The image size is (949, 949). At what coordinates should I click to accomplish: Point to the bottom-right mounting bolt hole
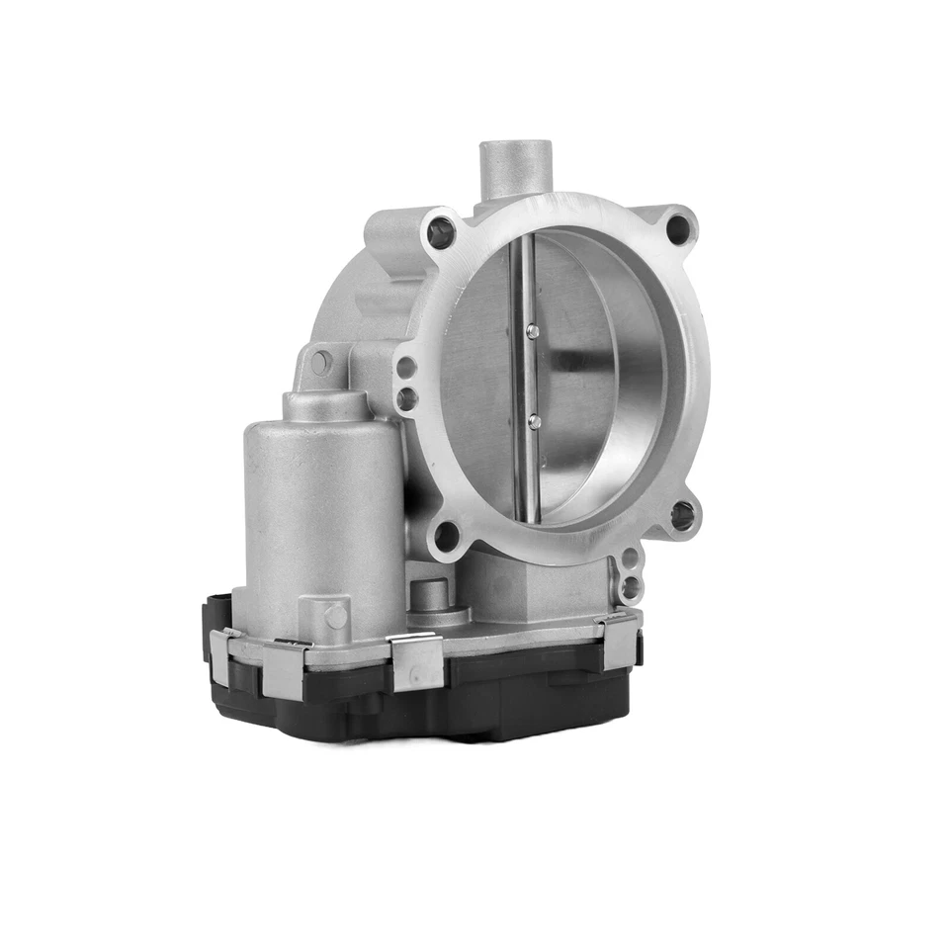click(x=682, y=515)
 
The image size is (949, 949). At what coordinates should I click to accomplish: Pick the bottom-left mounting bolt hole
click(x=447, y=536)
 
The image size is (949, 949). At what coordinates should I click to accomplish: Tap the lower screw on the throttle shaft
click(x=534, y=422)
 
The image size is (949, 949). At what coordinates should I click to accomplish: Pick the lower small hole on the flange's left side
click(x=407, y=398)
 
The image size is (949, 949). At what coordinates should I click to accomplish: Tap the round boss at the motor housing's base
click(x=336, y=616)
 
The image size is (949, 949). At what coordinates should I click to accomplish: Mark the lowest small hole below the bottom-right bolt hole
click(x=630, y=591)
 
